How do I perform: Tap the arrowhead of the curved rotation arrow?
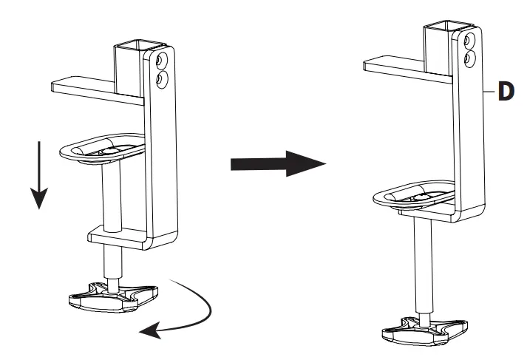click(150, 331)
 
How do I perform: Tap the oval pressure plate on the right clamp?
click(415, 194)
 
